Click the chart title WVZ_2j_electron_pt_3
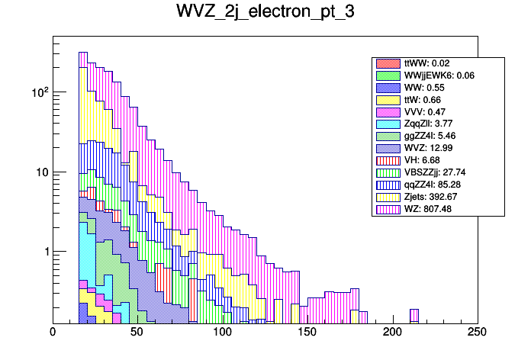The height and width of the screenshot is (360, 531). [265, 13]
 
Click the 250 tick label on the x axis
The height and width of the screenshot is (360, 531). [477, 333]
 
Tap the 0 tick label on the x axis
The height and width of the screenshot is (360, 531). [53, 333]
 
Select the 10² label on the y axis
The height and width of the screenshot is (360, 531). [38, 92]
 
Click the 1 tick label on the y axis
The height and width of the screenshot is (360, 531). [44, 252]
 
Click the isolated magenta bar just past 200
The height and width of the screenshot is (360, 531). [414, 315]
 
